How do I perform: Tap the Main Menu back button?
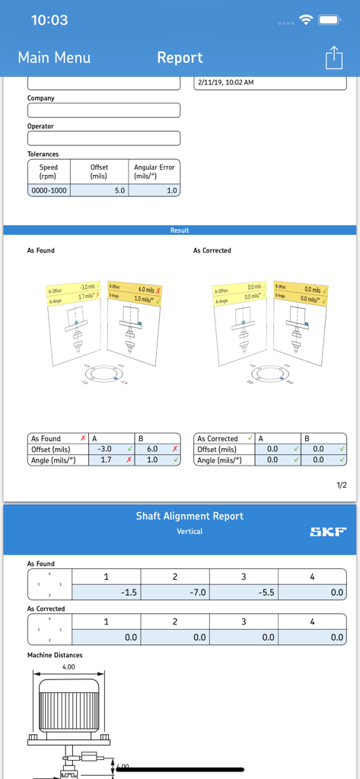coord(54,58)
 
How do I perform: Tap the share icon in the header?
coord(333,58)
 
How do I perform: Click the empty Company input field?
coord(104,110)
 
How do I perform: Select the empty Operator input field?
coord(104,138)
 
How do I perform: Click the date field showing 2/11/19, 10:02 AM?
coord(269,82)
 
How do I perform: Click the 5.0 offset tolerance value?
coord(99,190)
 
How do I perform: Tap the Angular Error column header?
coord(155,171)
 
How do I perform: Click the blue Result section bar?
coord(180,230)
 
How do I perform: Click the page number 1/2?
coord(341,485)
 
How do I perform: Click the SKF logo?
coord(327,532)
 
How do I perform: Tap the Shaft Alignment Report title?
coord(190,516)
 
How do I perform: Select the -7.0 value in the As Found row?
coord(174,593)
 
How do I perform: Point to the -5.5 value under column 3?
coord(243,593)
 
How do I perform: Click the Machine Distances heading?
coord(55,655)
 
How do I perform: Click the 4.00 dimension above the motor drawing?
coord(68,667)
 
